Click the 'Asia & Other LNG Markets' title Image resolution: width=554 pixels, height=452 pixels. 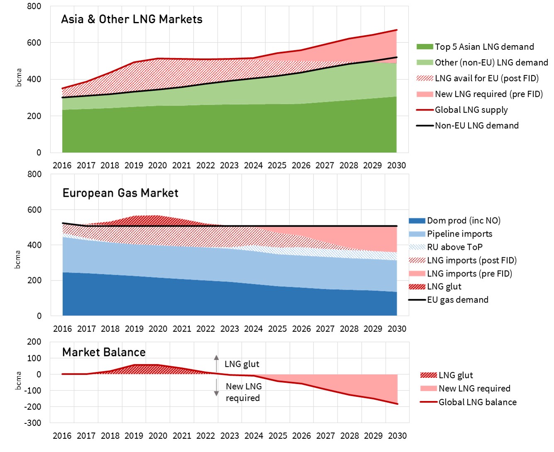point(131,19)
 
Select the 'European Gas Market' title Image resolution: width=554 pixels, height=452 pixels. point(120,193)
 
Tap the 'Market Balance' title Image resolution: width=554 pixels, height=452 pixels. point(104,353)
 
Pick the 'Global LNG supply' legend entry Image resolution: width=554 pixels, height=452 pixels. point(471,110)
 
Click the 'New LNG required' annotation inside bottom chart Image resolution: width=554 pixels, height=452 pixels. point(243,392)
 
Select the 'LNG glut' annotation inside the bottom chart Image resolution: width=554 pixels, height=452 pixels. point(242,364)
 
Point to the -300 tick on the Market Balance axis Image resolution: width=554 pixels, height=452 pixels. point(33,423)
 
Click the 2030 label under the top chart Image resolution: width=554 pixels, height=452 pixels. point(396,166)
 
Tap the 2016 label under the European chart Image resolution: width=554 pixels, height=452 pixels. point(63,329)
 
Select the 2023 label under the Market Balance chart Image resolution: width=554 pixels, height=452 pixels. point(230,436)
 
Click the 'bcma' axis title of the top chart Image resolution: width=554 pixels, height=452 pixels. point(19,77)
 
